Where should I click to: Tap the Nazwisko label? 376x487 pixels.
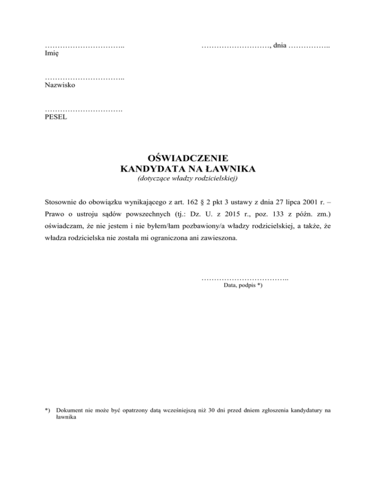(x=60, y=85)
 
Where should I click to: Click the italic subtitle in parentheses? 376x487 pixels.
(x=188, y=179)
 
